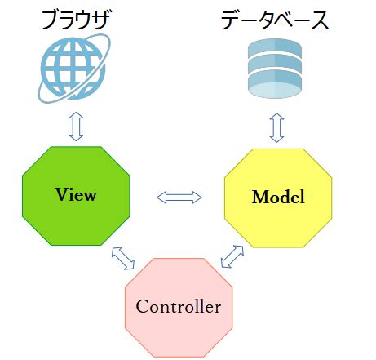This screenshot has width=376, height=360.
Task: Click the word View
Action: [x=76, y=194]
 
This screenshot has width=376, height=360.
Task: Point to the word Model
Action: [x=278, y=197]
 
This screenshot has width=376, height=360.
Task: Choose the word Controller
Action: [x=179, y=308]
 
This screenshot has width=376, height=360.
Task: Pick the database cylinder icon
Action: [x=276, y=71]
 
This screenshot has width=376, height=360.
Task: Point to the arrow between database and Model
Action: [x=276, y=126]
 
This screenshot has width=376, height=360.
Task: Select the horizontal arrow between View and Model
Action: [x=179, y=197]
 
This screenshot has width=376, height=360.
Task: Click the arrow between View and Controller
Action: [x=123, y=257]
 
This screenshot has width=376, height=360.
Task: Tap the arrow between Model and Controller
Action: [x=232, y=257]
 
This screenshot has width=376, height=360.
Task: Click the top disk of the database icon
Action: [x=276, y=52]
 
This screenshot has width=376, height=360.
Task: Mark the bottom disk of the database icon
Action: [x=276, y=90]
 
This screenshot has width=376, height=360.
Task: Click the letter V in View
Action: [x=60, y=194]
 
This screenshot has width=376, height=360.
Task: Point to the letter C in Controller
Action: [x=141, y=308]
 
